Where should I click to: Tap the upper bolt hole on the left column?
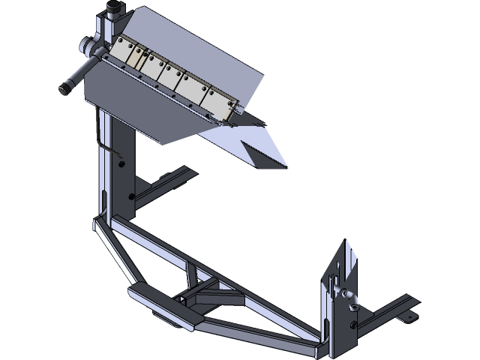tap(121, 158)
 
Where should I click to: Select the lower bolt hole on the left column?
tap(131, 196)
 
